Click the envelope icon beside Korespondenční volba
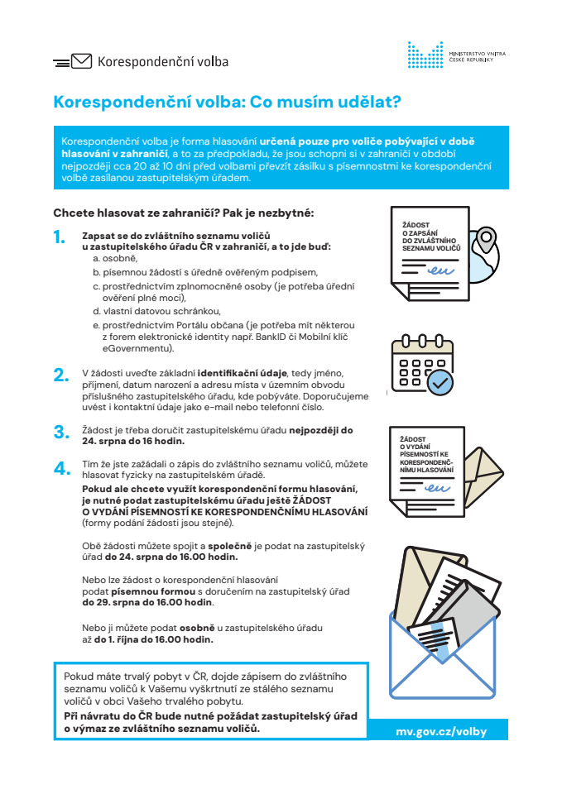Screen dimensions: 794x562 (x=81, y=61)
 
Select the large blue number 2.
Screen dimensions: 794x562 (x=60, y=375)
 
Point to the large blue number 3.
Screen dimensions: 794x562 (x=60, y=432)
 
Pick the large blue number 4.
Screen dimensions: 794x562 (x=60, y=468)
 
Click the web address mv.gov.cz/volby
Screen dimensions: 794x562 (x=441, y=731)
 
